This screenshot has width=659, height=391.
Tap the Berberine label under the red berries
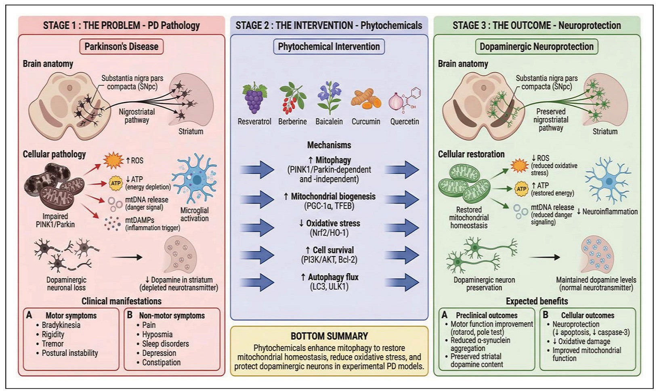coord(292,122)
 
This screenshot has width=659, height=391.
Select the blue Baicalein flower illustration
coord(329,97)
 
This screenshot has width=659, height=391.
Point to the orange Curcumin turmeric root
coord(365,100)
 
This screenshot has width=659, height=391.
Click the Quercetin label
coord(405,122)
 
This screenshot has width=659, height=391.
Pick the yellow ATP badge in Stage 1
coord(116,183)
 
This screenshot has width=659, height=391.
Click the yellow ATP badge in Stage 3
coord(521,189)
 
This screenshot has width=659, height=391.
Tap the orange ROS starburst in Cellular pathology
coord(113,160)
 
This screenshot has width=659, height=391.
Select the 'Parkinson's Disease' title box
coord(121,46)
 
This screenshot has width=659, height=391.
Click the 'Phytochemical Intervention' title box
coord(329,46)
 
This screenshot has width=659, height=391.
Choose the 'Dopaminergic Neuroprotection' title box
coord(536,46)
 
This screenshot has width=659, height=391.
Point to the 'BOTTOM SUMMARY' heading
coord(329,336)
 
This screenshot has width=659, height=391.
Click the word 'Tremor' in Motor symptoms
coord(53,344)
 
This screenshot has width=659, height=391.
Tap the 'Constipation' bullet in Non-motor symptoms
coord(161,362)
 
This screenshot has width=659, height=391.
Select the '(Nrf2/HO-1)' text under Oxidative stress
coord(329,233)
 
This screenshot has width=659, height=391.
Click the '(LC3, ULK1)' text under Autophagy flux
coord(329,287)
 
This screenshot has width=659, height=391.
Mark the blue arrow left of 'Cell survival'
coord(256,255)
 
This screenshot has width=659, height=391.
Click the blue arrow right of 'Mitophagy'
coord(401,170)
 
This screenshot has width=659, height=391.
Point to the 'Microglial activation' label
coord(194,214)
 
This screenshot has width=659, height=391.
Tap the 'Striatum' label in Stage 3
coord(605,132)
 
